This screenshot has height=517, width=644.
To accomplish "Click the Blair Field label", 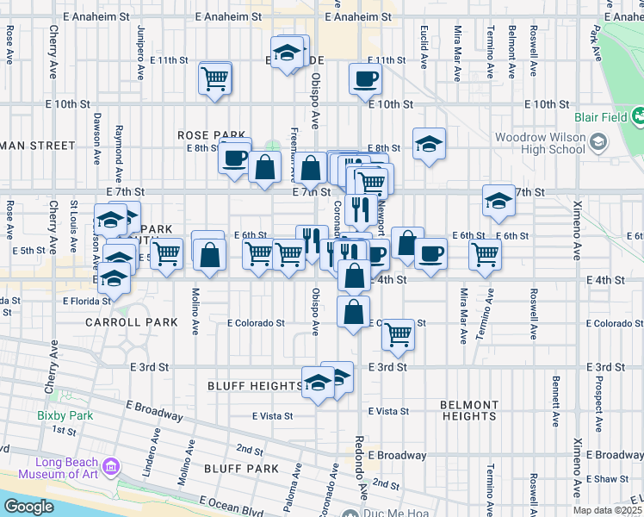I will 600,119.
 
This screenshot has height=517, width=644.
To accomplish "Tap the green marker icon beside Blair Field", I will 638,115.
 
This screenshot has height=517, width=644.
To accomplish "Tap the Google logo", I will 28,507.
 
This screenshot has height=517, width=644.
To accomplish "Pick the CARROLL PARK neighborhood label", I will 131,322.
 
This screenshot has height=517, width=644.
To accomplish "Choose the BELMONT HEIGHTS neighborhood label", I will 469,410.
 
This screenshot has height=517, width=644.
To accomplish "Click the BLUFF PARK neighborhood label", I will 241,469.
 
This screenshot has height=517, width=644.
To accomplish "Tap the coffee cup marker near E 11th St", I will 365,78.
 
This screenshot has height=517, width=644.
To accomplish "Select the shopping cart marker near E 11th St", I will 214,78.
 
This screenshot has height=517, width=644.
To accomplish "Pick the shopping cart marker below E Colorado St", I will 398,333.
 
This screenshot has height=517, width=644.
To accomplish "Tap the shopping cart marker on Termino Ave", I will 486,254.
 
